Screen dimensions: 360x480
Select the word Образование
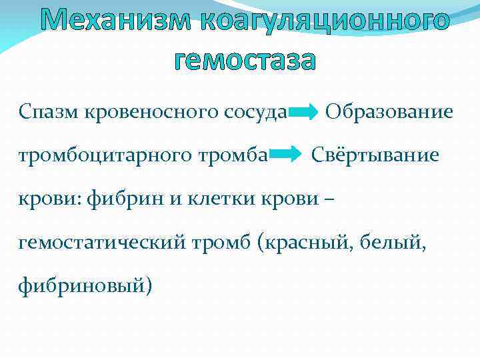point(389,111)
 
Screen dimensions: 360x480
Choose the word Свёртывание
point(376,155)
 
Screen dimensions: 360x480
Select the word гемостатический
point(117,243)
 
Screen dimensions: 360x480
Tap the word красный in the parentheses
point(309,243)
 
